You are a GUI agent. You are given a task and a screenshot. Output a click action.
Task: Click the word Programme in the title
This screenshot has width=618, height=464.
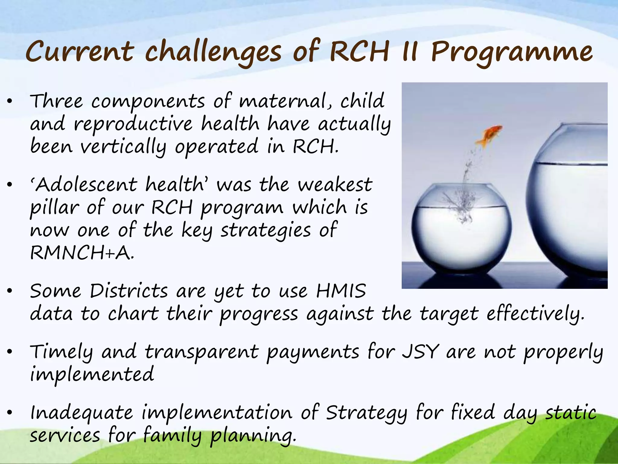pyautogui.click(x=511, y=52)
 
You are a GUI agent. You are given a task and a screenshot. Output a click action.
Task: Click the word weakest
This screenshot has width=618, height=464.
pyautogui.click(x=335, y=185)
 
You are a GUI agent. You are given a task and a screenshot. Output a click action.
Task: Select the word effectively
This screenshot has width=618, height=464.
pyautogui.click(x=536, y=314)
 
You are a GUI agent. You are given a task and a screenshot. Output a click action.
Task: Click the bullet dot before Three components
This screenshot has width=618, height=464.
pyautogui.click(x=10, y=102)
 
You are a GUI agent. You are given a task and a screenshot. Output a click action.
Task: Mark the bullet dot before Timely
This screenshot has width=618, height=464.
pyautogui.click(x=10, y=352)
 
